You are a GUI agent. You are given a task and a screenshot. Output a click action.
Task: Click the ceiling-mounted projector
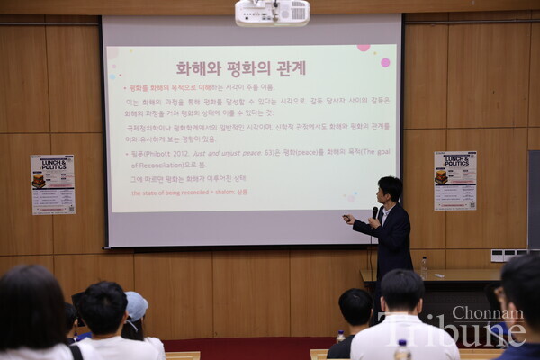(x=272, y=12)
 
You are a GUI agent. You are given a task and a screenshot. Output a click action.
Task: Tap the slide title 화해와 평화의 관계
(x=240, y=68)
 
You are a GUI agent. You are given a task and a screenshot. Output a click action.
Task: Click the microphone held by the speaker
(x=374, y=212)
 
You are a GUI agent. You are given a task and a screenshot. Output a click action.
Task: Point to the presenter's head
(x=390, y=190)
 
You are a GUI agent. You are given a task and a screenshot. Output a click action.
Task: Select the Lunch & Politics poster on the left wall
(x=53, y=184)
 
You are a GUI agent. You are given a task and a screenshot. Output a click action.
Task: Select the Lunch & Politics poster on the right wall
(x=454, y=180)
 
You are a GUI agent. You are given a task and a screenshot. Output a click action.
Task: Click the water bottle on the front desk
(x=424, y=266)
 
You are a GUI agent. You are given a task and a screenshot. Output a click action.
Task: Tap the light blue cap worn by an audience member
(x=136, y=305)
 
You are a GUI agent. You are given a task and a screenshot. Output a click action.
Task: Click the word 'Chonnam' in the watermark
(x=487, y=313)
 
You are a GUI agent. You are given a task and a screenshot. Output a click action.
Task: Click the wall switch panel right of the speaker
(x=508, y=255)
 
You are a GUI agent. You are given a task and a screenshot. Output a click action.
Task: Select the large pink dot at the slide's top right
(x=385, y=62)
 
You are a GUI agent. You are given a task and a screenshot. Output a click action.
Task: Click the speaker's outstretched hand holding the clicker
(x=347, y=219)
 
